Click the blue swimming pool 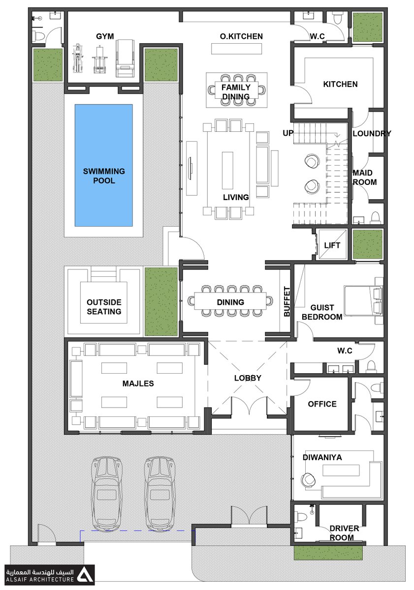104,165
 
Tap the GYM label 105,36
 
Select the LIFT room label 332,245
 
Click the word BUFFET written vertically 287,301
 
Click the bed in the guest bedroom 363,300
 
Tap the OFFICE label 322,404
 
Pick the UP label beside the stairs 288,133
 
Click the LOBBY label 248,378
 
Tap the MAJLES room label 138,383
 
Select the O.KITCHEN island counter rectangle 236,49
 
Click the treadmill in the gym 125,58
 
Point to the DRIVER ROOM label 343,533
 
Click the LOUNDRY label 372,134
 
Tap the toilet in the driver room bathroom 300,516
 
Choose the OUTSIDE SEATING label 104,307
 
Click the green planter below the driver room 328,552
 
